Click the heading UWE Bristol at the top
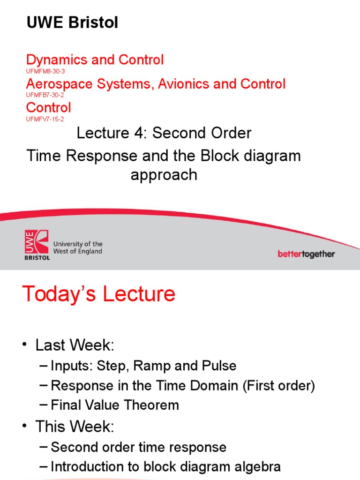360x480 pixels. click(72, 22)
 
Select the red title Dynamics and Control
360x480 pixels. click(95, 60)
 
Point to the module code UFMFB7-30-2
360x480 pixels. click(45, 95)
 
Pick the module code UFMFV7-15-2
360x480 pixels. click(45, 120)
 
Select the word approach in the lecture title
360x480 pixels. click(164, 175)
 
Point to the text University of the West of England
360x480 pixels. click(78, 248)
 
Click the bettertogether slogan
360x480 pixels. click(306, 254)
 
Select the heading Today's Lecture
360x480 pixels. click(99, 294)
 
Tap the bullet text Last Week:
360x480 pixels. click(75, 345)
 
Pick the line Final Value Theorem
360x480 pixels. click(115, 405)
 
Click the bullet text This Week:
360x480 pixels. click(74, 426)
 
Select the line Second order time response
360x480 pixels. click(138, 447)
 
